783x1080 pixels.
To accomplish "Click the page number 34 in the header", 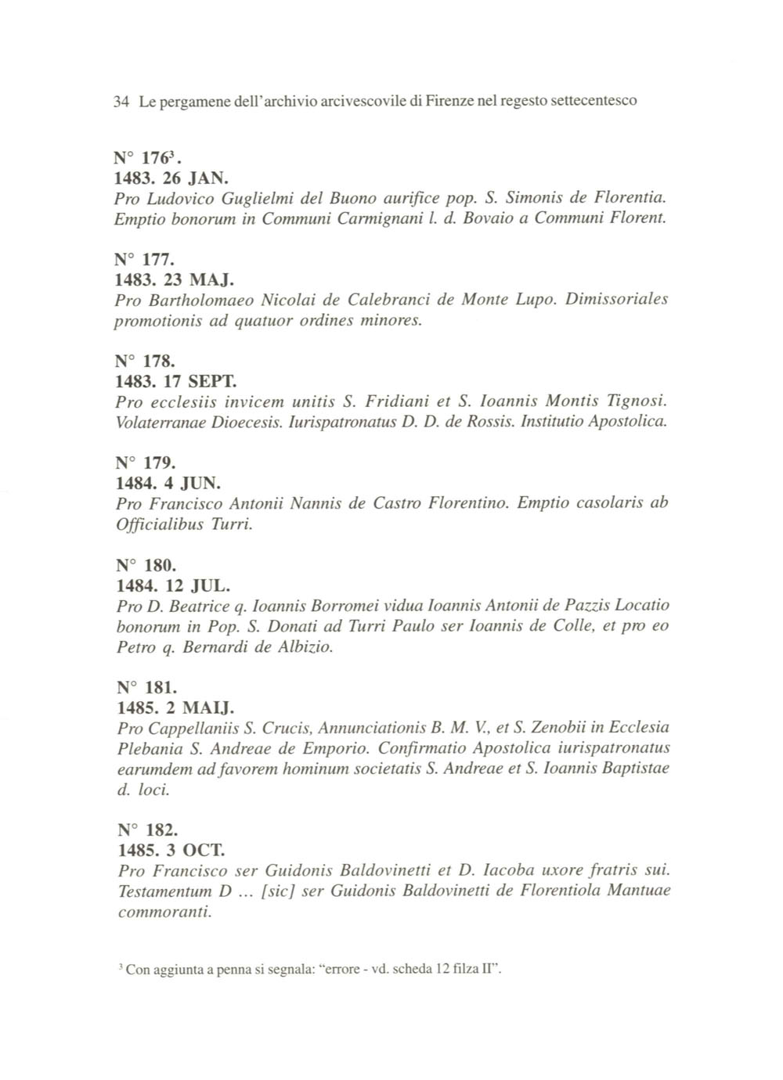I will coord(121,102).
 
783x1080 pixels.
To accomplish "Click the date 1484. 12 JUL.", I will coord(162,585).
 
